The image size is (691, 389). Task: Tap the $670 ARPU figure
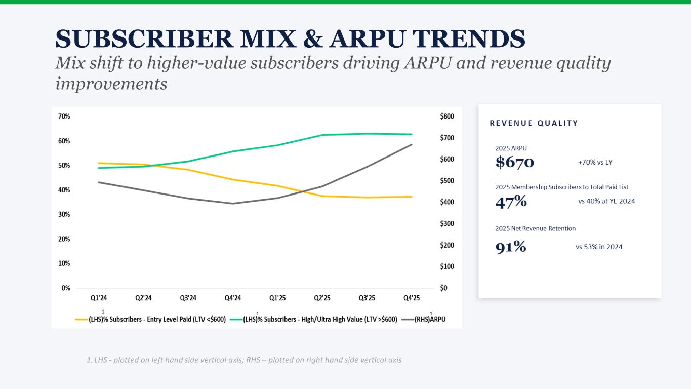[x=514, y=162]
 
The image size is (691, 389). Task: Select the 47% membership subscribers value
[x=511, y=202]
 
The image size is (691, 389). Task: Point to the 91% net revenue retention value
[x=510, y=247]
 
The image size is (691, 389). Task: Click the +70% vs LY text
[x=595, y=163]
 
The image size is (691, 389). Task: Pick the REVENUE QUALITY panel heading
[x=534, y=123]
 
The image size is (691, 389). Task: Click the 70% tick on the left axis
[x=64, y=116]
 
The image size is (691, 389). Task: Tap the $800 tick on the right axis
[x=447, y=116]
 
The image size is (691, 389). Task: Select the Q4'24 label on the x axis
[x=233, y=298]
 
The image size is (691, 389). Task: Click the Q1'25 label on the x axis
[x=277, y=298]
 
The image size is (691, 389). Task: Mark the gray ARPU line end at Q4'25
[x=412, y=144]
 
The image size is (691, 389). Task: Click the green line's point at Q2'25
[x=322, y=135]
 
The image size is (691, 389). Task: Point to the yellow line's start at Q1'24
[x=99, y=163]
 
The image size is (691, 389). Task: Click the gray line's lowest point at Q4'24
[x=233, y=204]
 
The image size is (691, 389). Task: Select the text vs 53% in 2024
[x=599, y=247]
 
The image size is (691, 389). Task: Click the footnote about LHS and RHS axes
[x=244, y=360]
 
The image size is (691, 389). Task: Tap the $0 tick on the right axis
[x=444, y=288]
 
